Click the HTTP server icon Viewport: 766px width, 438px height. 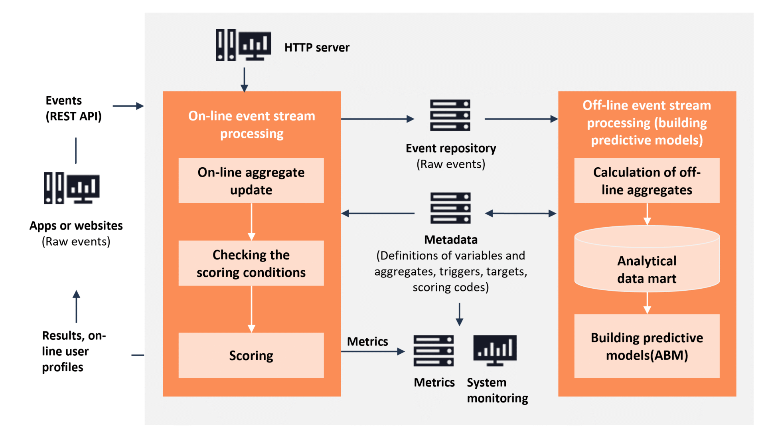pos(243,45)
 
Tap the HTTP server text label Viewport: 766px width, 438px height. pos(317,48)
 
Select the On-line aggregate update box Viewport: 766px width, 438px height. pos(251,180)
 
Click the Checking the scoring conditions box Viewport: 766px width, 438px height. pos(251,263)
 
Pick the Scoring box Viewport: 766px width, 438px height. pos(251,355)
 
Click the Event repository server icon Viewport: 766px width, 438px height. pos(450,115)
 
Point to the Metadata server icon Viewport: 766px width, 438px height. pos(450,208)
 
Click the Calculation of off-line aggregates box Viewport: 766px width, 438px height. pos(647,180)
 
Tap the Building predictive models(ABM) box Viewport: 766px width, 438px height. pos(647,346)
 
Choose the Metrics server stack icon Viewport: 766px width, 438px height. pos(433,351)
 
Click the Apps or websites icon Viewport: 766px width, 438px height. pos(72,188)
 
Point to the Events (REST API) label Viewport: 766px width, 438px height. pos(73,108)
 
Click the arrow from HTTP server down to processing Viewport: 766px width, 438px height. pos(244,79)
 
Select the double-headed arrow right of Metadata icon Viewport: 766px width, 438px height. pos(521,214)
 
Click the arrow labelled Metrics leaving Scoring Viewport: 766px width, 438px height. pos(373,351)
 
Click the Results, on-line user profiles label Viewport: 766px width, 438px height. pos(73,351)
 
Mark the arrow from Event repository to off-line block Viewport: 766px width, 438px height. pos(521,119)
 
